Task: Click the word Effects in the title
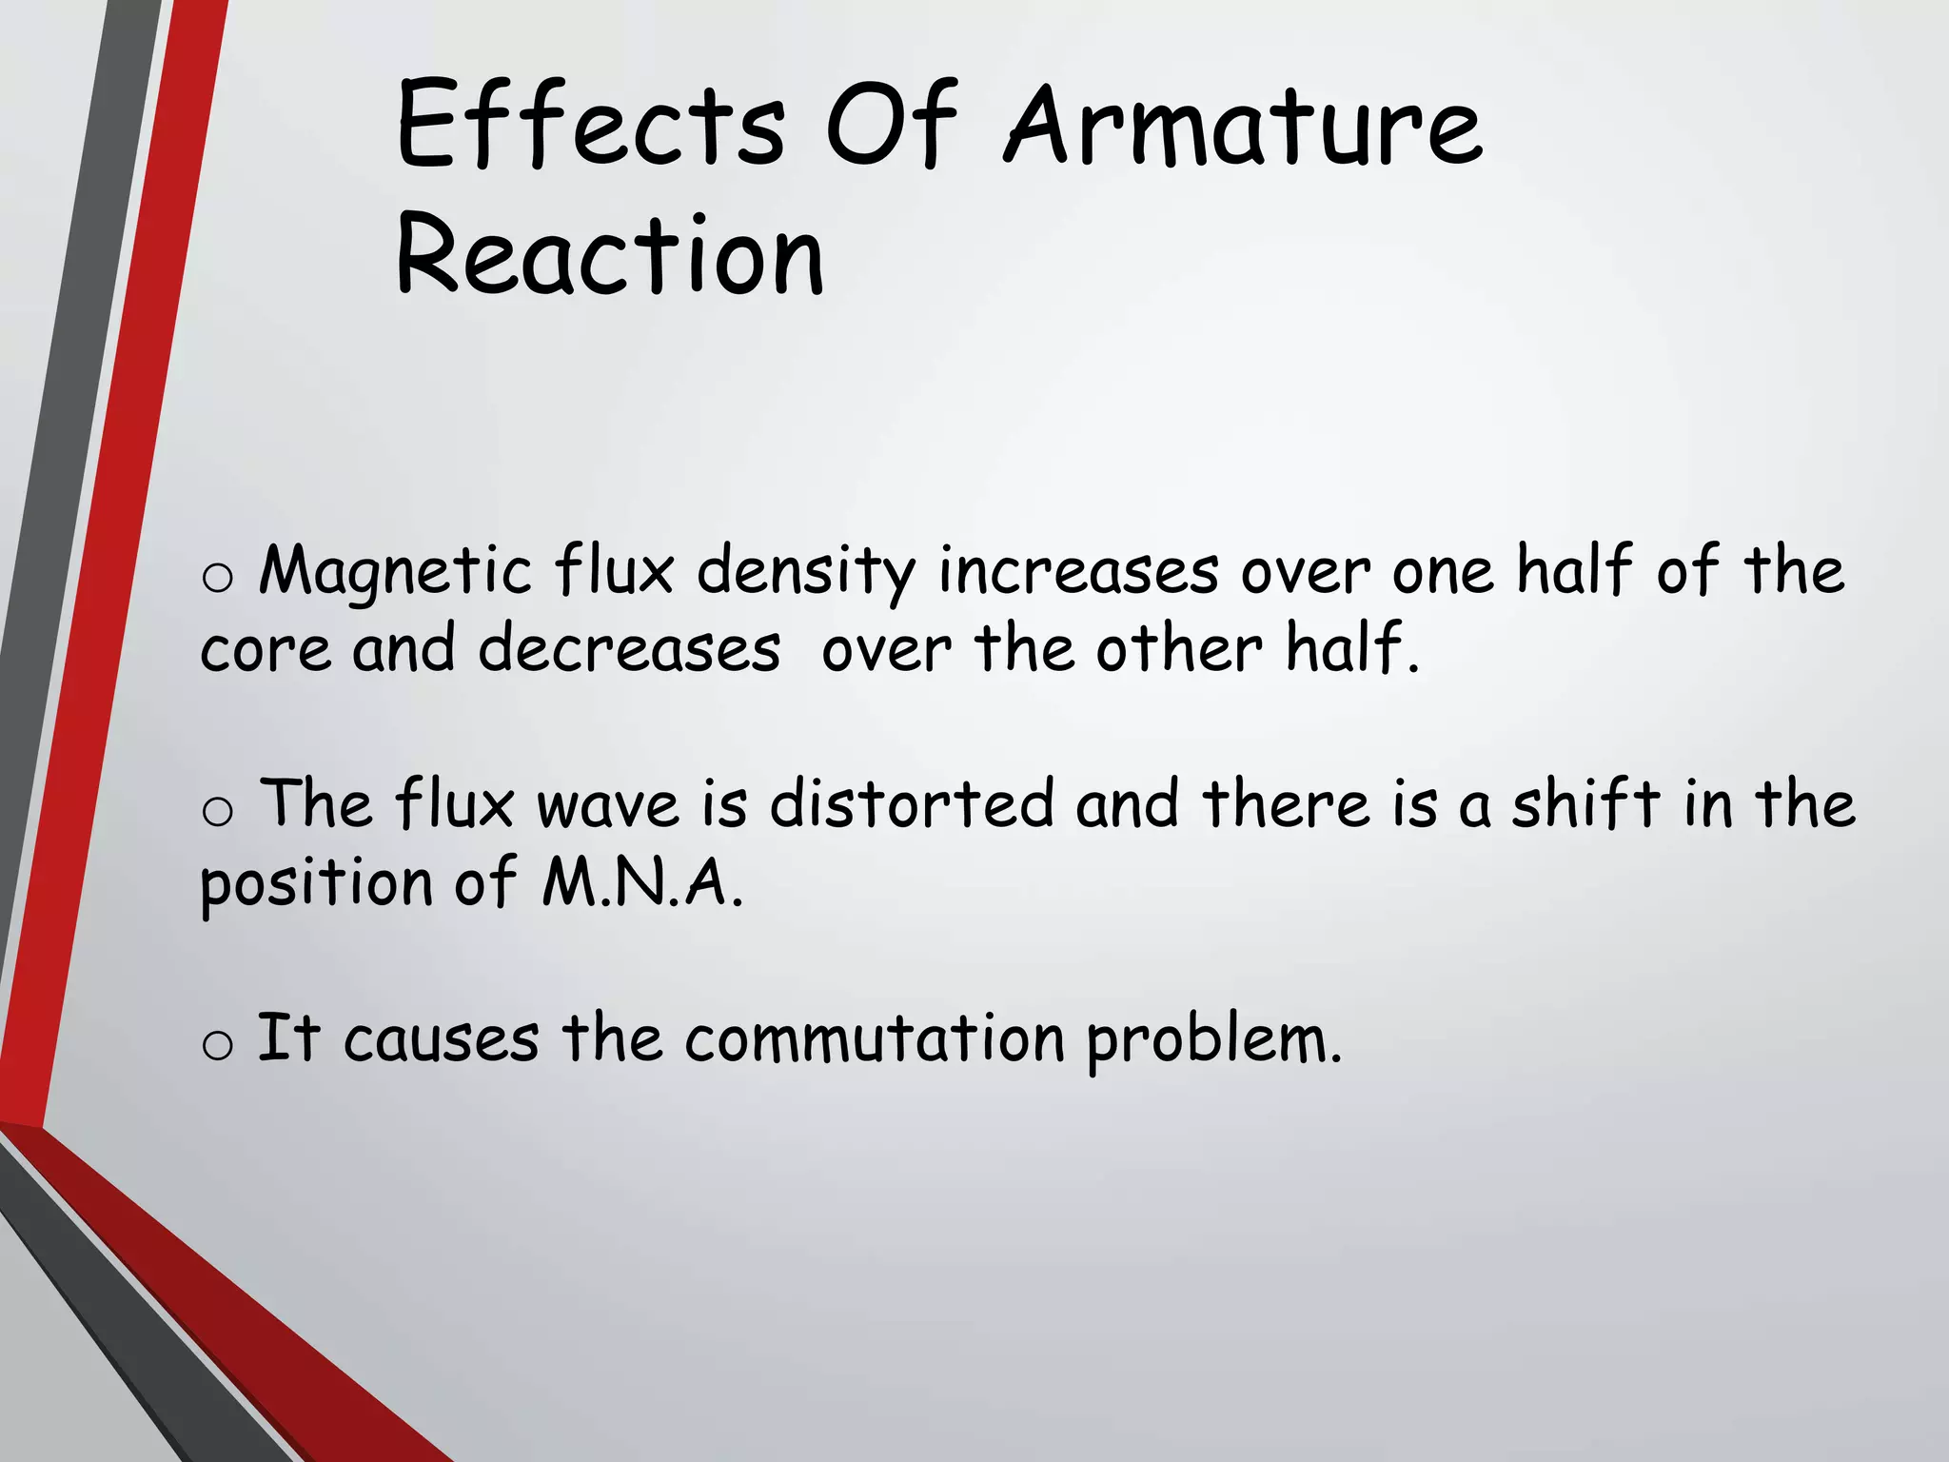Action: pos(590,126)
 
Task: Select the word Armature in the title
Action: pos(1243,126)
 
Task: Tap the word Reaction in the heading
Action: pos(609,255)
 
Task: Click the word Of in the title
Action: pos(891,126)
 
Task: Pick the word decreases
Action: pos(629,650)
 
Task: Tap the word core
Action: pos(266,650)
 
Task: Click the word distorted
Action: pos(912,804)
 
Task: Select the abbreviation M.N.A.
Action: pos(641,883)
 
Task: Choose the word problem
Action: pos(1213,1040)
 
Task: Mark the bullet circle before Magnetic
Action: pos(218,578)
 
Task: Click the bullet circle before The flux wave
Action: pos(218,811)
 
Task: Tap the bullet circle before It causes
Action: pos(218,1045)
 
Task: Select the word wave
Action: pos(608,804)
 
